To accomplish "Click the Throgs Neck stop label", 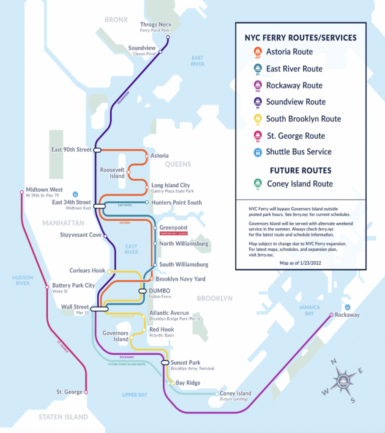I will tap(155, 25).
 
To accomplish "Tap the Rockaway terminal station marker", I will tap(331, 315).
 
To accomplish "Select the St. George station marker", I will tap(86, 392).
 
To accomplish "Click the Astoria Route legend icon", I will tap(257, 52).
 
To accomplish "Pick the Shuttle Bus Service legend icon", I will tap(257, 152).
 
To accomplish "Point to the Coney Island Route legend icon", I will tap(257, 184).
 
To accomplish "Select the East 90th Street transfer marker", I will tap(97, 150).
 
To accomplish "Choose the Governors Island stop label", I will tap(115, 336).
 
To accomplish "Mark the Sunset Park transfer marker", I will tap(165, 362).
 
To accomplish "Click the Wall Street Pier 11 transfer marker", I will tap(99, 309).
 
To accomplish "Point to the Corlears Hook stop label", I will tap(87, 270).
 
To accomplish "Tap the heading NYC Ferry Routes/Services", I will tap(300, 38).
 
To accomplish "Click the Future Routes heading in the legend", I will tap(300, 170).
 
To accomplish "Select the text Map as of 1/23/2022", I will tap(300, 263).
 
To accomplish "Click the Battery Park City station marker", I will tap(47, 288).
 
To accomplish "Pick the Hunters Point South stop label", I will tap(176, 203).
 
